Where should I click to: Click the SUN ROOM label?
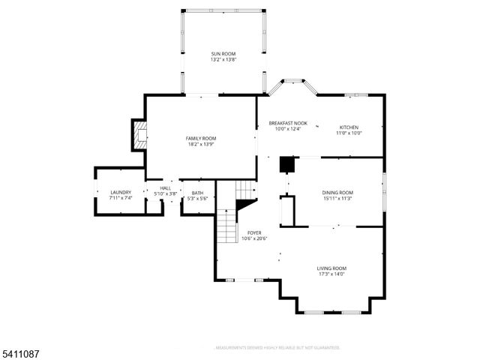(x=223, y=54)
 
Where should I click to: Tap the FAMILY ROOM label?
(x=201, y=138)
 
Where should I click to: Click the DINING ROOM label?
(x=337, y=193)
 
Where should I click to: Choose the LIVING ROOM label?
(x=331, y=268)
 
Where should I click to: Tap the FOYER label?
(x=254, y=232)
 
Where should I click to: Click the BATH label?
(x=196, y=192)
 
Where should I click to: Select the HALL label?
(x=165, y=187)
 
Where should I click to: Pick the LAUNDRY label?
(x=121, y=192)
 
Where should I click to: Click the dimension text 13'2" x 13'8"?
(x=223, y=60)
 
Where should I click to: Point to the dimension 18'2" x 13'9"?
(x=201, y=144)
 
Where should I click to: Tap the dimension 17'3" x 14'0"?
(x=331, y=274)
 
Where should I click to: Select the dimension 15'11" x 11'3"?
(x=337, y=199)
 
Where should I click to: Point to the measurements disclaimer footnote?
(x=277, y=348)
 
